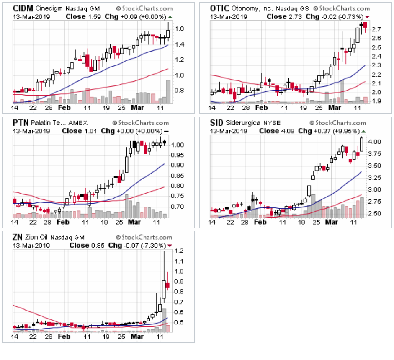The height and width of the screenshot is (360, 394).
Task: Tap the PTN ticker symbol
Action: point(21,123)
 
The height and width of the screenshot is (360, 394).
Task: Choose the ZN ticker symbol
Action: point(18,237)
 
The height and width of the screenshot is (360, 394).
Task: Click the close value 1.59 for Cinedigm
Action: point(92,16)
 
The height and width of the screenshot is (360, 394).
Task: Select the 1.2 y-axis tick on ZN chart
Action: point(179,251)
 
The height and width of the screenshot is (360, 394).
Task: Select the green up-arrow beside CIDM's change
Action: point(170,17)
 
